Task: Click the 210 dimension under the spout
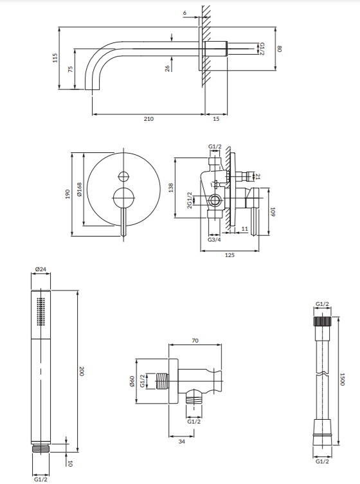coord(148,119)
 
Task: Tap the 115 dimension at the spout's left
coord(55,58)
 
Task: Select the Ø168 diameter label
coord(79,190)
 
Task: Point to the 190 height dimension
coord(67,194)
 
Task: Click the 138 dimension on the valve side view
coord(171,188)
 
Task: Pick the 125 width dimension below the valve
coord(230,255)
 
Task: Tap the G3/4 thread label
coord(214,240)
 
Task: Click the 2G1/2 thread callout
coord(190,201)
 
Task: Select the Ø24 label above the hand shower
coord(40,269)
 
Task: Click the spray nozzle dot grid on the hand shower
coord(40,312)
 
